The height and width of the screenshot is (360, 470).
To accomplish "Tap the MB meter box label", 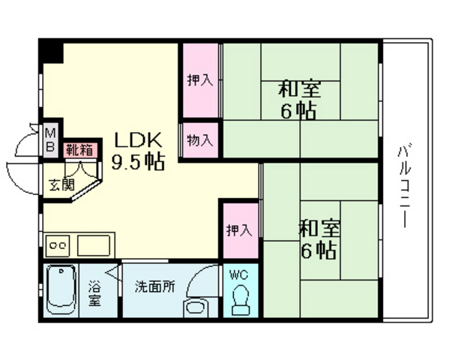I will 50,140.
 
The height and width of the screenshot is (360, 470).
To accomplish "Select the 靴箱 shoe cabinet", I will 79,149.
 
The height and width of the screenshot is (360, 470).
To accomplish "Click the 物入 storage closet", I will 200,140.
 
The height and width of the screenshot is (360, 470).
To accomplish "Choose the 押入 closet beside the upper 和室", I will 200,80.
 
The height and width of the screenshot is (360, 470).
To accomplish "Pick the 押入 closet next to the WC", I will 238,230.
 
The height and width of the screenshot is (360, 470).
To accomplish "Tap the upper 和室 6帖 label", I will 300,100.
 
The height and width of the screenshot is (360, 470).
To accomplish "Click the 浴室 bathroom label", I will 96,292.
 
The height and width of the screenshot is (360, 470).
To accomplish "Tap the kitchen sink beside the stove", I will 93,244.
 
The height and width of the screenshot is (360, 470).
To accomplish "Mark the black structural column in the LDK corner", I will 51,52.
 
